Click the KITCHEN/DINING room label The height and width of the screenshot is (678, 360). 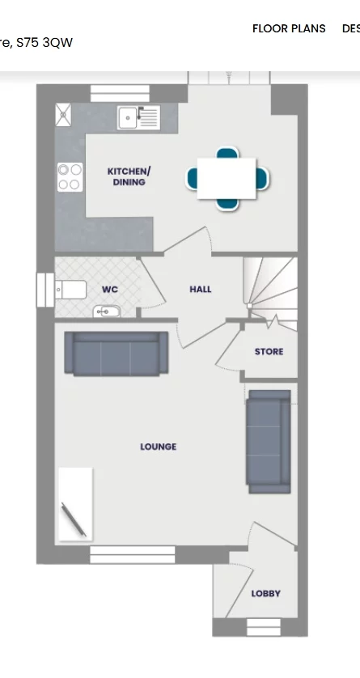(x=129, y=176)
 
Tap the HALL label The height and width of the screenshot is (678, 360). (x=201, y=289)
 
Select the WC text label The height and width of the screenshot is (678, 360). (x=109, y=289)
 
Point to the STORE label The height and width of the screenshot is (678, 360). (x=269, y=352)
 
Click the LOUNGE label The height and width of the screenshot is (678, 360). (x=158, y=447)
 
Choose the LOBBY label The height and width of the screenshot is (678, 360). (x=265, y=593)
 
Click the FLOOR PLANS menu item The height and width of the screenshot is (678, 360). (x=289, y=28)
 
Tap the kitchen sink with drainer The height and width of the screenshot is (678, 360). (x=138, y=117)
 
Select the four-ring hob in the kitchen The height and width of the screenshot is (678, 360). (x=69, y=177)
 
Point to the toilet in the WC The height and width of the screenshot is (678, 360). (x=70, y=289)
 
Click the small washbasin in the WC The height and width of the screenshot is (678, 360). (x=106, y=311)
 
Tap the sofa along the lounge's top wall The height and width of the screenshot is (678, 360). (x=116, y=353)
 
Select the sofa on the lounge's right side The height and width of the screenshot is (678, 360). (x=269, y=441)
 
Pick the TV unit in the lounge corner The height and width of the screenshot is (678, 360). (x=74, y=503)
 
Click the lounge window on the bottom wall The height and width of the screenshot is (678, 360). (x=132, y=554)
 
